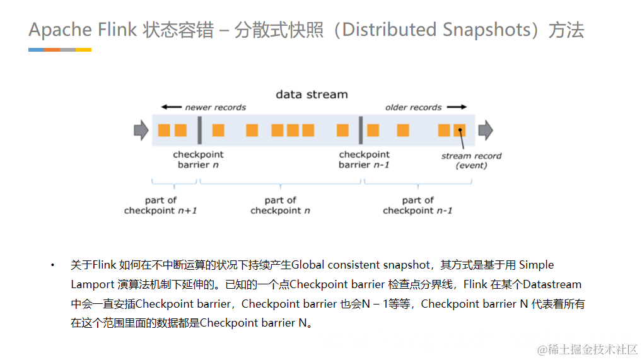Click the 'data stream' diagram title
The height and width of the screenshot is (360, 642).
(312, 95)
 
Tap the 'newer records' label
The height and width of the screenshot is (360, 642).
(215, 108)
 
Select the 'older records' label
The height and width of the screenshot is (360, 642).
(413, 108)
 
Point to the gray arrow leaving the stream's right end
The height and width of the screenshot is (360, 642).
(485, 131)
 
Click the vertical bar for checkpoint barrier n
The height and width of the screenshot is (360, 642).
(199, 131)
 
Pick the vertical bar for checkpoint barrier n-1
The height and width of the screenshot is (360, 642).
(361, 131)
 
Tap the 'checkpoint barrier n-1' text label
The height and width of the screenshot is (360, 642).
(364, 160)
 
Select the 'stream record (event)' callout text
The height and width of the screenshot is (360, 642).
(471, 160)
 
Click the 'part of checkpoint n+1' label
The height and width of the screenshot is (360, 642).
(160, 206)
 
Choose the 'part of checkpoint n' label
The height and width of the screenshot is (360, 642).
(280, 206)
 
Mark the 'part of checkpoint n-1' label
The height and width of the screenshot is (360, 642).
(417, 206)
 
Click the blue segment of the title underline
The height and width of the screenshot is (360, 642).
(36, 49)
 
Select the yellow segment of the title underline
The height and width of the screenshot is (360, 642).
(83, 49)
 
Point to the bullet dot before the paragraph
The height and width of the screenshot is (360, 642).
(53, 265)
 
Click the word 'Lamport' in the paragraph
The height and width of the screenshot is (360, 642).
(92, 284)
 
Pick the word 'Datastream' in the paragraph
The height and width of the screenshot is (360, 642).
(552, 284)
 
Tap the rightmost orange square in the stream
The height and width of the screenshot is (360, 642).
(460, 131)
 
